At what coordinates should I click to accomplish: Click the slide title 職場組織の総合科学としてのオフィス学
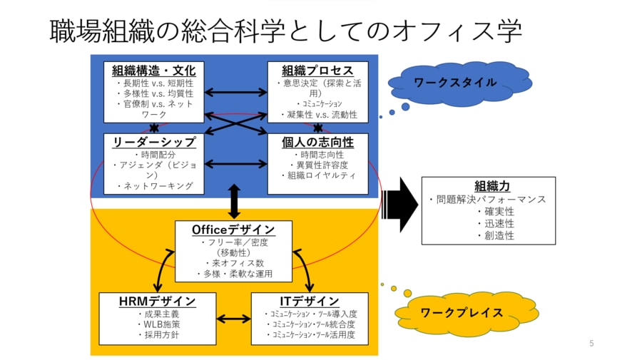pyautogui.click(x=285, y=31)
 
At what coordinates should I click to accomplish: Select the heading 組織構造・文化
pyautogui.click(x=153, y=70)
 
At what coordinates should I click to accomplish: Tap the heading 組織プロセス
pyautogui.click(x=317, y=70)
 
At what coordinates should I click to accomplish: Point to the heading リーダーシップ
pyautogui.click(x=153, y=142)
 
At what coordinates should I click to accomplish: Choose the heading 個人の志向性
pyautogui.click(x=317, y=142)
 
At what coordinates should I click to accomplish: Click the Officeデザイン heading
pyautogui.click(x=233, y=230)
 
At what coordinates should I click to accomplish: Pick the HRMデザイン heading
pyautogui.click(x=148, y=302)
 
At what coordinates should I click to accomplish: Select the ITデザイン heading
pyautogui.click(x=310, y=302)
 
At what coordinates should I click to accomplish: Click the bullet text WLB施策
pyautogui.click(x=149, y=324)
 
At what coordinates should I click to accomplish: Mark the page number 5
pyautogui.click(x=591, y=344)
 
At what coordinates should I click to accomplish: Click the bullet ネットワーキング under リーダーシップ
pyautogui.click(x=153, y=185)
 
